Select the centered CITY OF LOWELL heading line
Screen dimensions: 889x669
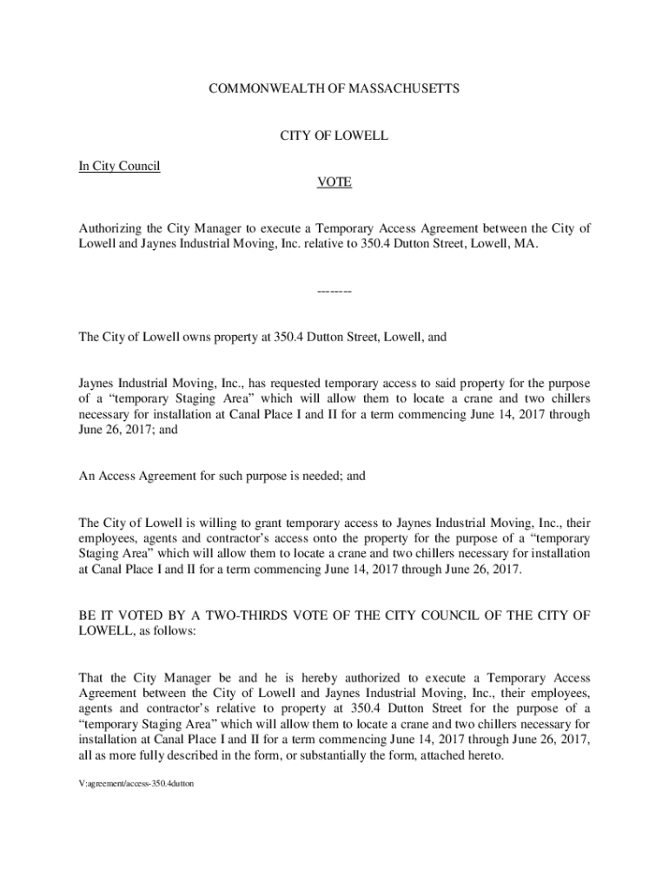pos(334,136)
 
